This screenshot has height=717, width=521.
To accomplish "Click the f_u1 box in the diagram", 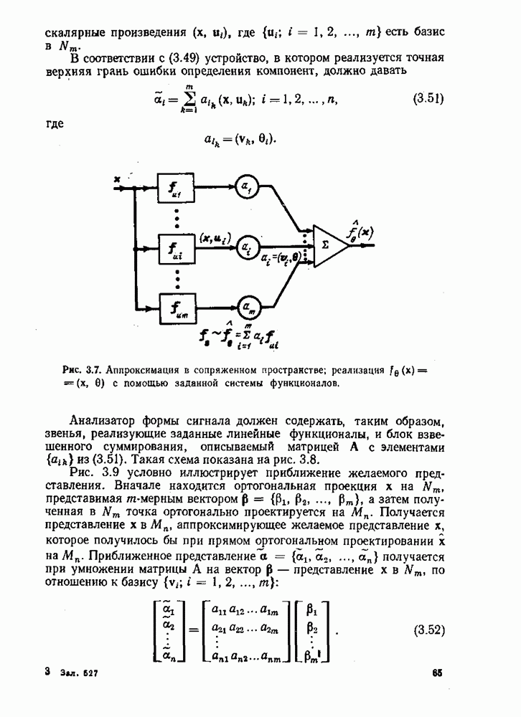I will click(177, 190).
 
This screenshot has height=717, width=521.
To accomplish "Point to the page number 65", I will click(438, 673).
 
